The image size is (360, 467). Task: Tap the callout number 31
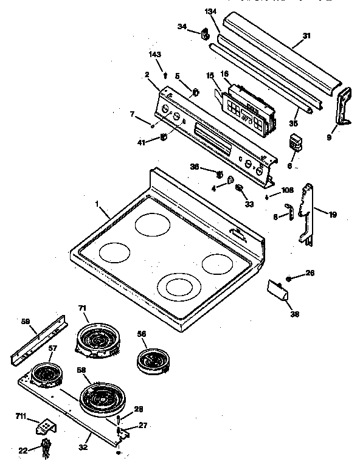pyautogui.click(x=306, y=35)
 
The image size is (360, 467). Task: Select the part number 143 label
pyautogui.click(x=155, y=55)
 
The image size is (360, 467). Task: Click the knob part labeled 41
pyautogui.click(x=163, y=138)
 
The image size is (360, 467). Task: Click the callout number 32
pyautogui.click(x=83, y=447)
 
